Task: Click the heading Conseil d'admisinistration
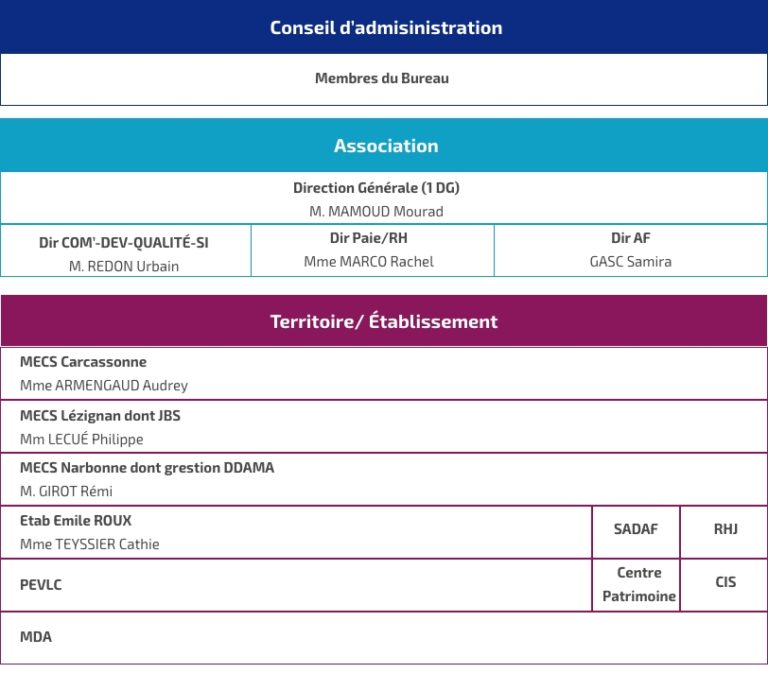pos(385,28)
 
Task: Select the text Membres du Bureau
pos(382,78)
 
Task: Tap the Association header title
pos(386,146)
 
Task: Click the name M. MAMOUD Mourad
pos(376,212)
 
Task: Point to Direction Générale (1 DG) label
pos(376,188)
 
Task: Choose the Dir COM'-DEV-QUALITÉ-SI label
pos(124,242)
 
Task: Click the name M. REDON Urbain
pos(124,266)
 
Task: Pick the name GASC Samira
pos(631,262)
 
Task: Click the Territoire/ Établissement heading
pos(384,322)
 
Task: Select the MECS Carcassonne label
pos(83,362)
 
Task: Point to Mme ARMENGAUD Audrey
pos(104,385)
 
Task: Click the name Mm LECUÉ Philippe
pos(82,439)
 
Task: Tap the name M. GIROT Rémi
pos(66,491)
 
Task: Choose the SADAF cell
pos(636,529)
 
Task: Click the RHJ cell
pos(725,529)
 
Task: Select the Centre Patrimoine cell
pos(639,585)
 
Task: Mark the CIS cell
pos(725,582)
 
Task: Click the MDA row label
pos(36,637)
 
